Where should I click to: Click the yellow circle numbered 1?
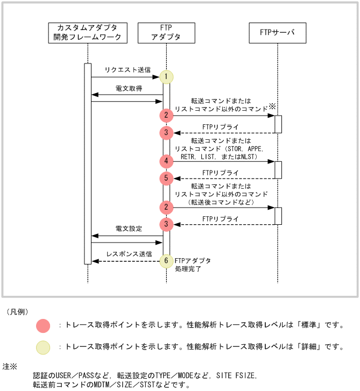[166, 77]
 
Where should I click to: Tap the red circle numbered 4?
[166, 161]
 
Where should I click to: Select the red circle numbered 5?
[166, 178]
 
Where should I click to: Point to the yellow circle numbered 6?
[166, 260]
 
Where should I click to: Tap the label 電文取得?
[129, 88]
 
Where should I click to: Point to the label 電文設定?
[129, 229]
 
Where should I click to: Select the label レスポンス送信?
[129, 253]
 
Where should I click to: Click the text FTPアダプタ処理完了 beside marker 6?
[192, 264]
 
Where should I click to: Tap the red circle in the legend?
[43, 325]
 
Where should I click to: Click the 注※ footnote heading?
[10, 366]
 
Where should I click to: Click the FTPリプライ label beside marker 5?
[221, 173]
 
